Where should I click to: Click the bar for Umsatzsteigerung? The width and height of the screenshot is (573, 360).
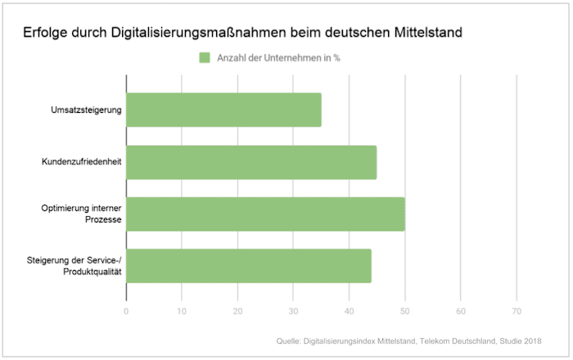click(223, 110)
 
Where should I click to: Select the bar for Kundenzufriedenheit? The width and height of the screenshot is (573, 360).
click(251, 162)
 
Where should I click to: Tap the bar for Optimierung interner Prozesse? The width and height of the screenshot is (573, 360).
click(265, 214)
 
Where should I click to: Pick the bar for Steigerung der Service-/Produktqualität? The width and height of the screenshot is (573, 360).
click(249, 266)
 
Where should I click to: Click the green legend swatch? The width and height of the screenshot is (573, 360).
click(205, 57)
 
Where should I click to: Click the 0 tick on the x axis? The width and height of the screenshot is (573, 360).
click(126, 311)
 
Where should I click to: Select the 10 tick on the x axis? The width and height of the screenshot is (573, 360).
click(182, 311)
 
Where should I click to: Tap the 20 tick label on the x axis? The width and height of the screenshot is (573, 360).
click(237, 311)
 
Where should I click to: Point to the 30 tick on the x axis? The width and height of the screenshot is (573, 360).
click(293, 311)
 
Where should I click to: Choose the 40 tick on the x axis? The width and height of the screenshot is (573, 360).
click(349, 311)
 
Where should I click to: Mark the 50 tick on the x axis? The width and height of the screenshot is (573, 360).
click(404, 311)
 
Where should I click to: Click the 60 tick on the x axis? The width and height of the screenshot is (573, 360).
click(460, 311)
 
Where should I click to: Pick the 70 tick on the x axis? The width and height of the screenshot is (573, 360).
click(516, 311)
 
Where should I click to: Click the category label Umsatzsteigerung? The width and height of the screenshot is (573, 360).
click(86, 110)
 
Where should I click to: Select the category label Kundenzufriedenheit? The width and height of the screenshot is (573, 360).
click(82, 162)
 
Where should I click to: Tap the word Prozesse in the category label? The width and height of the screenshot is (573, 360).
click(102, 220)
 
